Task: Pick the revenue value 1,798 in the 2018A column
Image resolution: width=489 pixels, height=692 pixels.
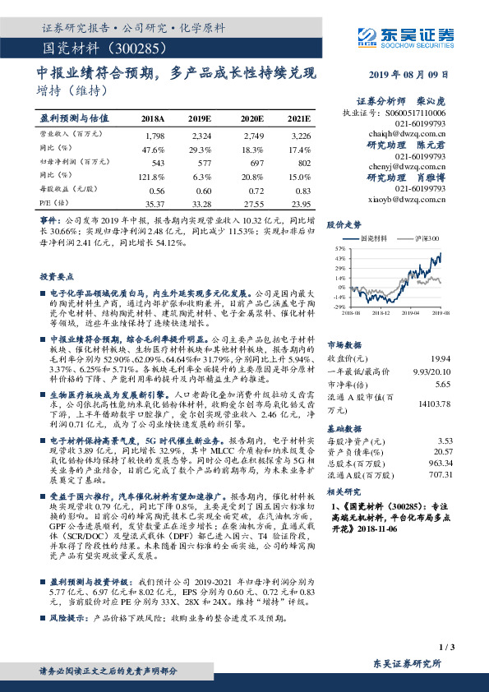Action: pos(154,134)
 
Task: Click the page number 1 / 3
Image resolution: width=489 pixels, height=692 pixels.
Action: pos(446,648)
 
